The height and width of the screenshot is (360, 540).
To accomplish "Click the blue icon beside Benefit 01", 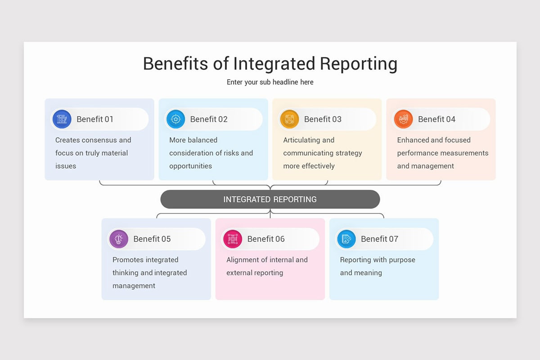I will tap(62, 119).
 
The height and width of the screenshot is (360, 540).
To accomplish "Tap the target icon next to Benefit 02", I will tap(175, 119).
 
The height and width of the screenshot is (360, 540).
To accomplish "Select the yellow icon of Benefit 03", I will tap(289, 119).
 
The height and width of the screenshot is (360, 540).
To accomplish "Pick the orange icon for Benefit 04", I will tap(403, 119).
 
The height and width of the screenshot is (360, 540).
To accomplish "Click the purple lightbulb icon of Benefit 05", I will tap(119, 239).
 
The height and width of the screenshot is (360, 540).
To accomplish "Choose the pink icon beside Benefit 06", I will tap(233, 239).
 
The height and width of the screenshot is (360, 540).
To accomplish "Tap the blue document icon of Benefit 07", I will tap(346, 239).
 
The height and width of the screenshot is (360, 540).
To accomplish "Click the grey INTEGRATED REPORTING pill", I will tap(270, 199).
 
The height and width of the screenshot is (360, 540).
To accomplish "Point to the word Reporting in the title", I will tap(359, 64).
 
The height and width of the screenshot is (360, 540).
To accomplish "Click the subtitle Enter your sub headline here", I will tap(270, 82).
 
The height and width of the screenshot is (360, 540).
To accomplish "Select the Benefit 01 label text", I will tap(94, 119).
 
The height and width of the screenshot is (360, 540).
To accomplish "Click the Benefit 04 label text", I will tap(436, 119).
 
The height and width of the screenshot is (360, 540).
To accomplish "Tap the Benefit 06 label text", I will tap(266, 239).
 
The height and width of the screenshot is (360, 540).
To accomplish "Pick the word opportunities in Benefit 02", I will tap(190, 166).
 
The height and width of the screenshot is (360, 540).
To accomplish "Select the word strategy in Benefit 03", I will tap(349, 153).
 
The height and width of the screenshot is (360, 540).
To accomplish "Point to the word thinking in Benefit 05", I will tap(126, 273).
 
